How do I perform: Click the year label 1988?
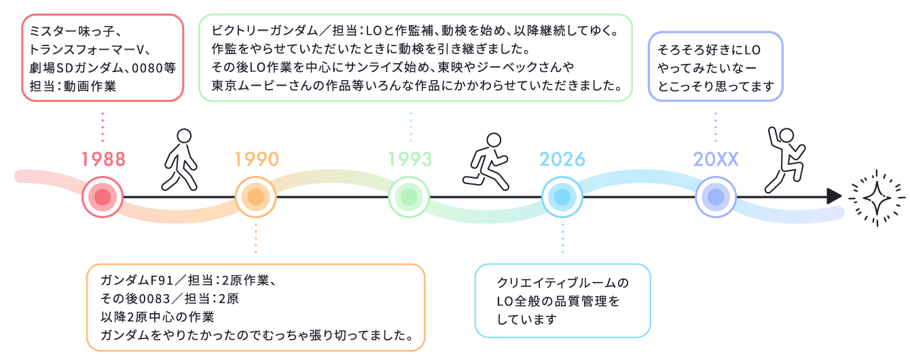tap(103, 159)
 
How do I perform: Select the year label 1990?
tap(257, 159)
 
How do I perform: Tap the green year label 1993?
tap(410, 159)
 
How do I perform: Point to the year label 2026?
tap(562, 159)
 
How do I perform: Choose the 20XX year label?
tap(716, 159)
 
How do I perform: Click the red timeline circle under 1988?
tap(103, 197)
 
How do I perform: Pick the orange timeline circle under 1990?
tap(255, 197)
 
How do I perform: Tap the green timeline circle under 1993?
tap(409, 197)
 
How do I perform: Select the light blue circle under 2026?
tap(562, 197)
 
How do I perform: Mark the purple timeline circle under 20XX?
tap(715, 197)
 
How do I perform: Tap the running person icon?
tap(486, 161)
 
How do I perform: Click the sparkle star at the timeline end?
tap(877, 198)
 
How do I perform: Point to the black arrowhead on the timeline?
tap(834, 197)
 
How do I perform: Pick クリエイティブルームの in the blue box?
tap(563, 283)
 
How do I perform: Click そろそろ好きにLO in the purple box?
tap(709, 50)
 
